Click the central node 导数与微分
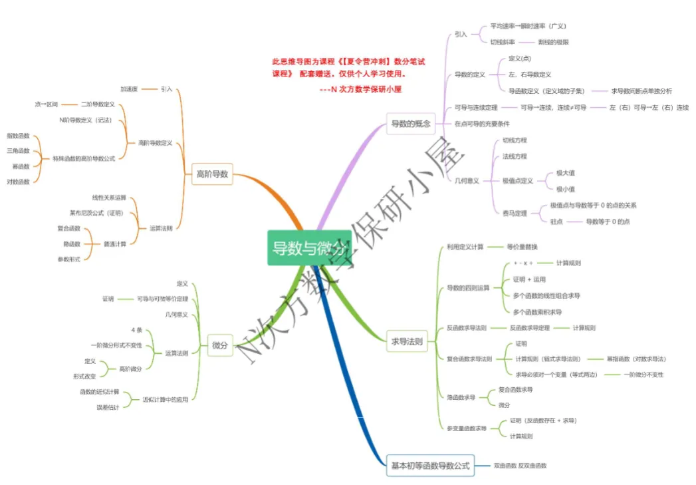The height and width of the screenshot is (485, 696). [x=308, y=248]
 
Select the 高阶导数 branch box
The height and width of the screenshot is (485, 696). [x=212, y=174]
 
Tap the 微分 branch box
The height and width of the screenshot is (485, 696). [x=220, y=345]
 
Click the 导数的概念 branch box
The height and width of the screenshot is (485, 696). [x=410, y=123]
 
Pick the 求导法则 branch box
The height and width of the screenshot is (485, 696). [x=407, y=342]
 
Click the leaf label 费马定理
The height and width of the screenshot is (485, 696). [x=515, y=214]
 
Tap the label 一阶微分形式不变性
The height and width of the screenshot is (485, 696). [x=116, y=345]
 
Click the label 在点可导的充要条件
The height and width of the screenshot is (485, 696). [x=482, y=124]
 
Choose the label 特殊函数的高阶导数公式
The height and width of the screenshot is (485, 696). [x=84, y=158]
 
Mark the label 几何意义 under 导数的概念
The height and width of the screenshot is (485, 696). [x=467, y=180]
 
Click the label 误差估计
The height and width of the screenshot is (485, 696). [x=108, y=407]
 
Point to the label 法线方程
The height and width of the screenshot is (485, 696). [x=515, y=156]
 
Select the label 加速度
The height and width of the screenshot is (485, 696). [x=129, y=88]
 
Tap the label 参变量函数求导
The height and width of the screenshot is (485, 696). [x=467, y=428]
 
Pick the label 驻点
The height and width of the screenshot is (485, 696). [x=556, y=222]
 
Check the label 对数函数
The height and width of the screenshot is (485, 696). [x=18, y=181]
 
